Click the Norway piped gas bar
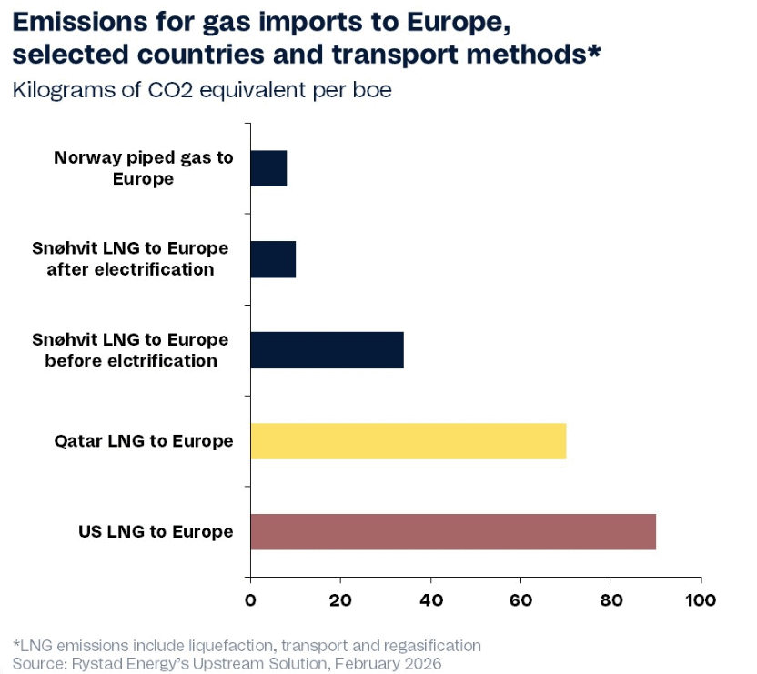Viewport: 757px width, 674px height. (268, 168)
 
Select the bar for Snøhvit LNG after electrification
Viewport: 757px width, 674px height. (273, 259)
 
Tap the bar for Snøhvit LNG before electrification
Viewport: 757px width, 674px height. (327, 350)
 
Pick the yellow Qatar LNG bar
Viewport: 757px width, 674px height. (408, 441)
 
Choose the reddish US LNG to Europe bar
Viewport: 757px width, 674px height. (452, 531)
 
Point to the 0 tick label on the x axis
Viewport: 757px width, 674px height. (250, 600)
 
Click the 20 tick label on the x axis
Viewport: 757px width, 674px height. (340, 600)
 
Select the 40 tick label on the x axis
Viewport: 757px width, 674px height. (430, 600)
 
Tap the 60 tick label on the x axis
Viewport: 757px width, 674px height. (520, 600)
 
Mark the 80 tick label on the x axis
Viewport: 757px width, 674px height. (611, 600)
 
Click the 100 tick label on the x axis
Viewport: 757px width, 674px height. (700, 600)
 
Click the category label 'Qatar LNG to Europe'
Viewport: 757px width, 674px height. (144, 441)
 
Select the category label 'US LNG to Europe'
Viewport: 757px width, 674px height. (156, 531)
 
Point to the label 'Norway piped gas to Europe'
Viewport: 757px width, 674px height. (144, 168)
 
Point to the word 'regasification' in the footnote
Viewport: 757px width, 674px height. (428, 646)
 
